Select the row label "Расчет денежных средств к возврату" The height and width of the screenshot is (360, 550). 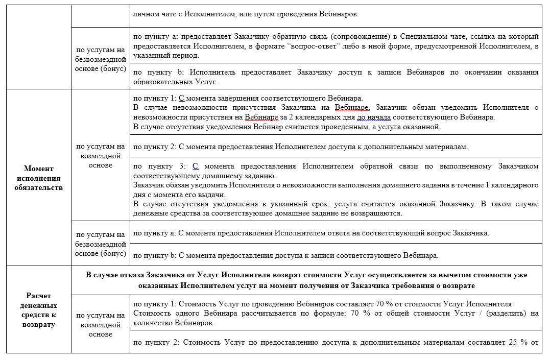coord(38,310)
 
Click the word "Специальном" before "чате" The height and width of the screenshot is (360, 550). coord(438,37)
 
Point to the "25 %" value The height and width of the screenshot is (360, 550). coord(514,342)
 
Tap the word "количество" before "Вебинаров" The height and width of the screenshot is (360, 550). coord(151,323)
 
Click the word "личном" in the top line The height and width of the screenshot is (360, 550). coord(145,14)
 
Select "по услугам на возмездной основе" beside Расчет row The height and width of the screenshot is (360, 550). coord(100,325)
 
